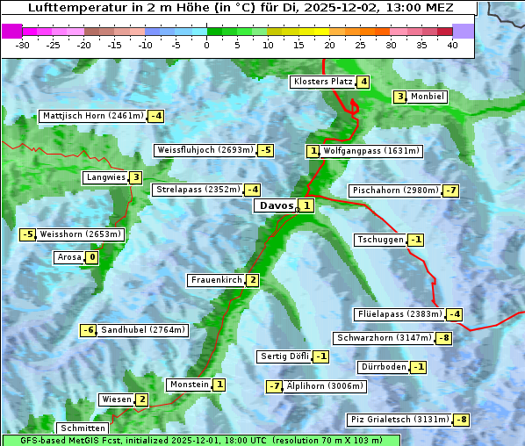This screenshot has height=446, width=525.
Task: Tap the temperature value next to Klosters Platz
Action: coord(363,82)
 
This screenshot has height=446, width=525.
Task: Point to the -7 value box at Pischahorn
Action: coord(451,191)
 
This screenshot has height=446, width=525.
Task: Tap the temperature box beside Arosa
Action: coord(91,257)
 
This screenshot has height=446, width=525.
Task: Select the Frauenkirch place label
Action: coord(216,280)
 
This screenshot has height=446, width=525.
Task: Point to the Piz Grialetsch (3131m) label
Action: coord(399,420)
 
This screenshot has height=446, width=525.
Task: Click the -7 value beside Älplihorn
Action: coord(275,386)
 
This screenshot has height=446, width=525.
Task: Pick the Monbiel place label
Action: coord(428,97)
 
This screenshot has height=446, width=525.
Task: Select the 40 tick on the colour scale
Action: coord(453,45)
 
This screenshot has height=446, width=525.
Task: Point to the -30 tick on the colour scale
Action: coord(23,45)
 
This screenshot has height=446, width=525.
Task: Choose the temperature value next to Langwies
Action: coord(135,177)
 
